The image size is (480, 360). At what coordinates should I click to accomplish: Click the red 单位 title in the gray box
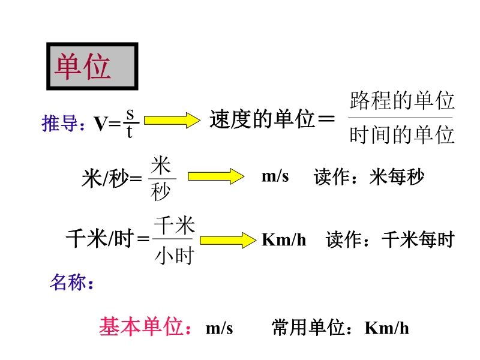click(83, 67)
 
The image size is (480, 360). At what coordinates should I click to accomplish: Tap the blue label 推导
click(59, 123)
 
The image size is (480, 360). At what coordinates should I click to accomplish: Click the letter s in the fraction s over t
click(130, 115)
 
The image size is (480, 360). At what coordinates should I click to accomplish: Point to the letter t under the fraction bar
click(130, 131)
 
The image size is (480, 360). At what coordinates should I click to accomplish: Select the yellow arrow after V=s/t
click(172, 121)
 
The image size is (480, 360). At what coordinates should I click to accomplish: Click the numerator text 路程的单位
click(401, 100)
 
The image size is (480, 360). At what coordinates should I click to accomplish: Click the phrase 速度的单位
click(262, 119)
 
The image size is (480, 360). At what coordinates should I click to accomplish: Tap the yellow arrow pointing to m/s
click(216, 176)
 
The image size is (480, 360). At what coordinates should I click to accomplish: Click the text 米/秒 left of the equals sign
click(104, 178)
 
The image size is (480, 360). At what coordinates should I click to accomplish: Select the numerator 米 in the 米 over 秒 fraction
click(161, 166)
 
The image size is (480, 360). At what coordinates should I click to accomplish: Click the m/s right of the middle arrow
click(275, 176)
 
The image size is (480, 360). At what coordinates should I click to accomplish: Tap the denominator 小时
click(174, 256)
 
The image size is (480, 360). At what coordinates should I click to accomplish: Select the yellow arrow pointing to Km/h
click(228, 240)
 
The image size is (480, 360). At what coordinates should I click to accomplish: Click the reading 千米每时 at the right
click(418, 239)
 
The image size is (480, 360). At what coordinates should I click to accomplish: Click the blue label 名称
click(68, 282)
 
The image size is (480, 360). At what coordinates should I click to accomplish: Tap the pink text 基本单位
click(141, 326)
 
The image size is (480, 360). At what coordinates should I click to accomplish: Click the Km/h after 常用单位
click(386, 328)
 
